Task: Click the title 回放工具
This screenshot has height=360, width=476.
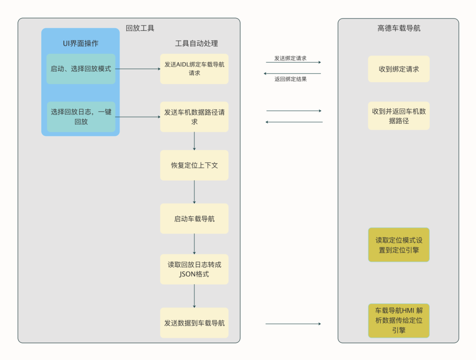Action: [x=140, y=28]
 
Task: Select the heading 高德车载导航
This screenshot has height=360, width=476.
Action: [x=399, y=28]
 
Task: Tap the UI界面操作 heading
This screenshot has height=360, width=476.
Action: [x=81, y=43]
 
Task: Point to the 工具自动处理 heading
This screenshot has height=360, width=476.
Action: [x=197, y=43]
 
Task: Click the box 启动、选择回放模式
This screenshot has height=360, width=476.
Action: [x=81, y=69]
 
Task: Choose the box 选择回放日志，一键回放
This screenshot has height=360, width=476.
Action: [x=81, y=117]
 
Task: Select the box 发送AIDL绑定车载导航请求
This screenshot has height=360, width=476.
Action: [x=194, y=69]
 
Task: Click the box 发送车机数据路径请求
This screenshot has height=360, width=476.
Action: [x=194, y=117]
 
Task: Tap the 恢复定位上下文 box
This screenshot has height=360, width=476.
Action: [x=194, y=165]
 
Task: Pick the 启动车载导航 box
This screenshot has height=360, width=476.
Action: [x=194, y=219]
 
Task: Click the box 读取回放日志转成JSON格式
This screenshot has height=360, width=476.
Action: [x=194, y=269]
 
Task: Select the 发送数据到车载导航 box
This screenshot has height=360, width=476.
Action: [x=194, y=323]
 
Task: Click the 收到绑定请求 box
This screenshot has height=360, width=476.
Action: [x=399, y=69]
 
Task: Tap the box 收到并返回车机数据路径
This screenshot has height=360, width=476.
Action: [x=399, y=116]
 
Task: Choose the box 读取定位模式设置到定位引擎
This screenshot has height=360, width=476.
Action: [x=399, y=245]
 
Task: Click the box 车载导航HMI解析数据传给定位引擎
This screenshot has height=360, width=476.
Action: [x=399, y=320]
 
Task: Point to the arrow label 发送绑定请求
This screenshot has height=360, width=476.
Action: [x=290, y=58]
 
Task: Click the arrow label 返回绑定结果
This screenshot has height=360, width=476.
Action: [x=290, y=79]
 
